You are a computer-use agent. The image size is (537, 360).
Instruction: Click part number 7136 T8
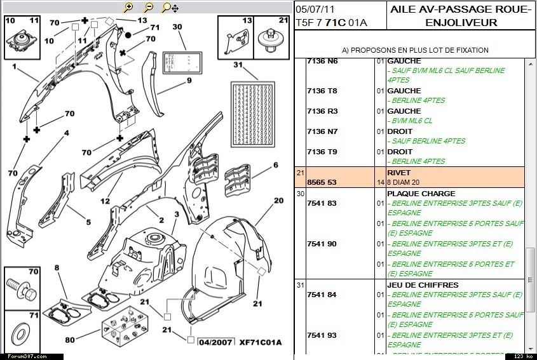tap(322, 91)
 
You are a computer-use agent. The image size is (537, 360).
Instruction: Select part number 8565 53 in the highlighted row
tap(322, 182)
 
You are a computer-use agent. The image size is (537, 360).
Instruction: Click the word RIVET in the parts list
tap(398, 173)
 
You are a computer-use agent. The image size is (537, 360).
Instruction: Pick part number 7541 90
tap(322, 244)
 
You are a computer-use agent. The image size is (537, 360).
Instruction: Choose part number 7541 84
tap(322, 295)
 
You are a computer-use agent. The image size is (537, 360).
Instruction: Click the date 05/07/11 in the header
tap(316, 10)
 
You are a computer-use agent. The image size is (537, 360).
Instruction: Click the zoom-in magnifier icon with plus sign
tap(128, 8)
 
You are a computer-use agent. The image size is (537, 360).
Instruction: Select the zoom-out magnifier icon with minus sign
tap(148, 8)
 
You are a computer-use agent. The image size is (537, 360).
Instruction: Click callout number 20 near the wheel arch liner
tap(278, 201)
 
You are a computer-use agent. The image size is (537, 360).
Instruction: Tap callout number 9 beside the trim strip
tap(189, 80)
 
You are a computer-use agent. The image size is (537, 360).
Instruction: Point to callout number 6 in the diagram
tap(276, 165)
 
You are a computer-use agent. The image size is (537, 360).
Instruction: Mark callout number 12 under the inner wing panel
tap(105, 202)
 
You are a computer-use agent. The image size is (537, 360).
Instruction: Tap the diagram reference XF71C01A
tap(260, 343)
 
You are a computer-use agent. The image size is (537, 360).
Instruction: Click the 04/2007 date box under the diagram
tap(215, 343)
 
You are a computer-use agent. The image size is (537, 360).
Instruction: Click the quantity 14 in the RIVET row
tap(381, 182)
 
